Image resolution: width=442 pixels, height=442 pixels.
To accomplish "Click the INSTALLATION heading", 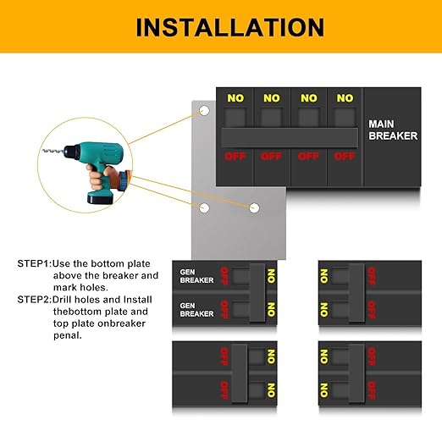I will [x=220, y=27].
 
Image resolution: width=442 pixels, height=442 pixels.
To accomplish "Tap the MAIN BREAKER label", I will [x=392, y=130].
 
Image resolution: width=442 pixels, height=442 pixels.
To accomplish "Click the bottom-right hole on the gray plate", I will [x=252, y=207].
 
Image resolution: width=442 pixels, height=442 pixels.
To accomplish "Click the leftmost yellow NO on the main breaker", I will [x=235, y=98].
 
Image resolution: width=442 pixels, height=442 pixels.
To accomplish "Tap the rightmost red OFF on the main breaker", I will [x=344, y=156].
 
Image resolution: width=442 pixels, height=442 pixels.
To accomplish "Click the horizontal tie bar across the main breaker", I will [x=289, y=137].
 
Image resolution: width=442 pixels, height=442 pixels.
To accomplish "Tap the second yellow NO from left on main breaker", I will [x=271, y=98].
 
